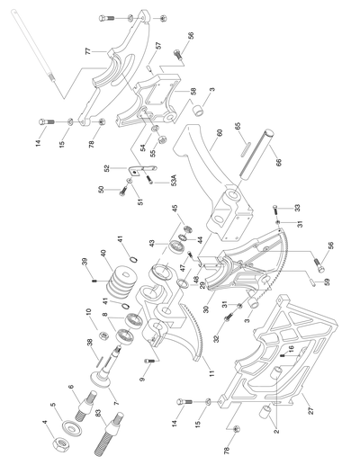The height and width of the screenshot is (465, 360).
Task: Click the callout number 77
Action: coord(89,53)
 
